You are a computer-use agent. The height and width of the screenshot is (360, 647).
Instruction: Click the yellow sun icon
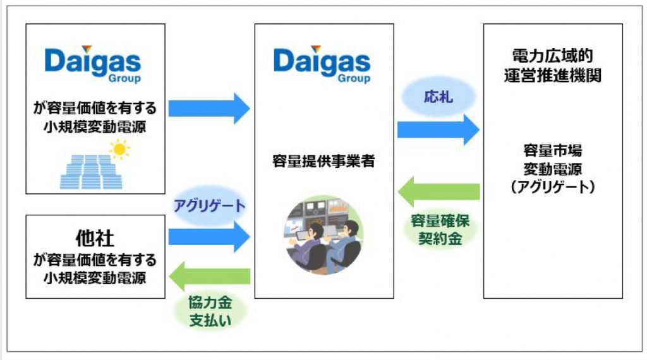119,149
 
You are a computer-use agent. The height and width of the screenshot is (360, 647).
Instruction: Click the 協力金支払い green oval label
210,311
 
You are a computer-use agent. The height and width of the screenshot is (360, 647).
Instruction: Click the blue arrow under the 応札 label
438,129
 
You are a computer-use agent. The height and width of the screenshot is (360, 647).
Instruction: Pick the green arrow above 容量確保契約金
438,191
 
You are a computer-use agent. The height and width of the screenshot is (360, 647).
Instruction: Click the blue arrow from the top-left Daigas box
209,108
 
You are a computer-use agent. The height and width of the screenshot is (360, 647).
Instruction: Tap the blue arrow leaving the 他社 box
209,237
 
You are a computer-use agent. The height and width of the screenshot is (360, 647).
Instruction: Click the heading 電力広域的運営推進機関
552,65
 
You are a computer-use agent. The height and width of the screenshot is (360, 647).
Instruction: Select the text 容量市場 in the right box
552,151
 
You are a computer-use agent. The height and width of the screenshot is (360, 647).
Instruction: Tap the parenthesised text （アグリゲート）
552,187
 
